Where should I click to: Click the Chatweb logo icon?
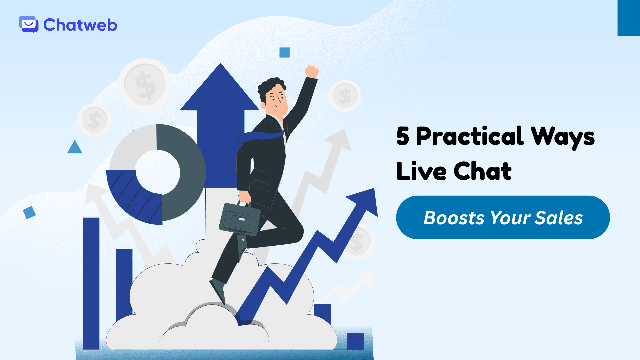[x=29, y=24]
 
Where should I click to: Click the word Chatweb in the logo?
[x=80, y=25]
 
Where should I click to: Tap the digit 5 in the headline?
[x=403, y=136]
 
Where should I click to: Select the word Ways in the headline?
[x=563, y=137]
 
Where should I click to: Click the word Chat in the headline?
[x=482, y=171]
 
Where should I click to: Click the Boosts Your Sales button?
[x=503, y=218]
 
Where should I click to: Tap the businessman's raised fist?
[x=312, y=71]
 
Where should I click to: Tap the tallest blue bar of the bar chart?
[x=91, y=283]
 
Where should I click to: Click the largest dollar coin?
[x=145, y=85]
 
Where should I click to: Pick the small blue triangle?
[x=75, y=148]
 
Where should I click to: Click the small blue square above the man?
[x=284, y=52]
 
